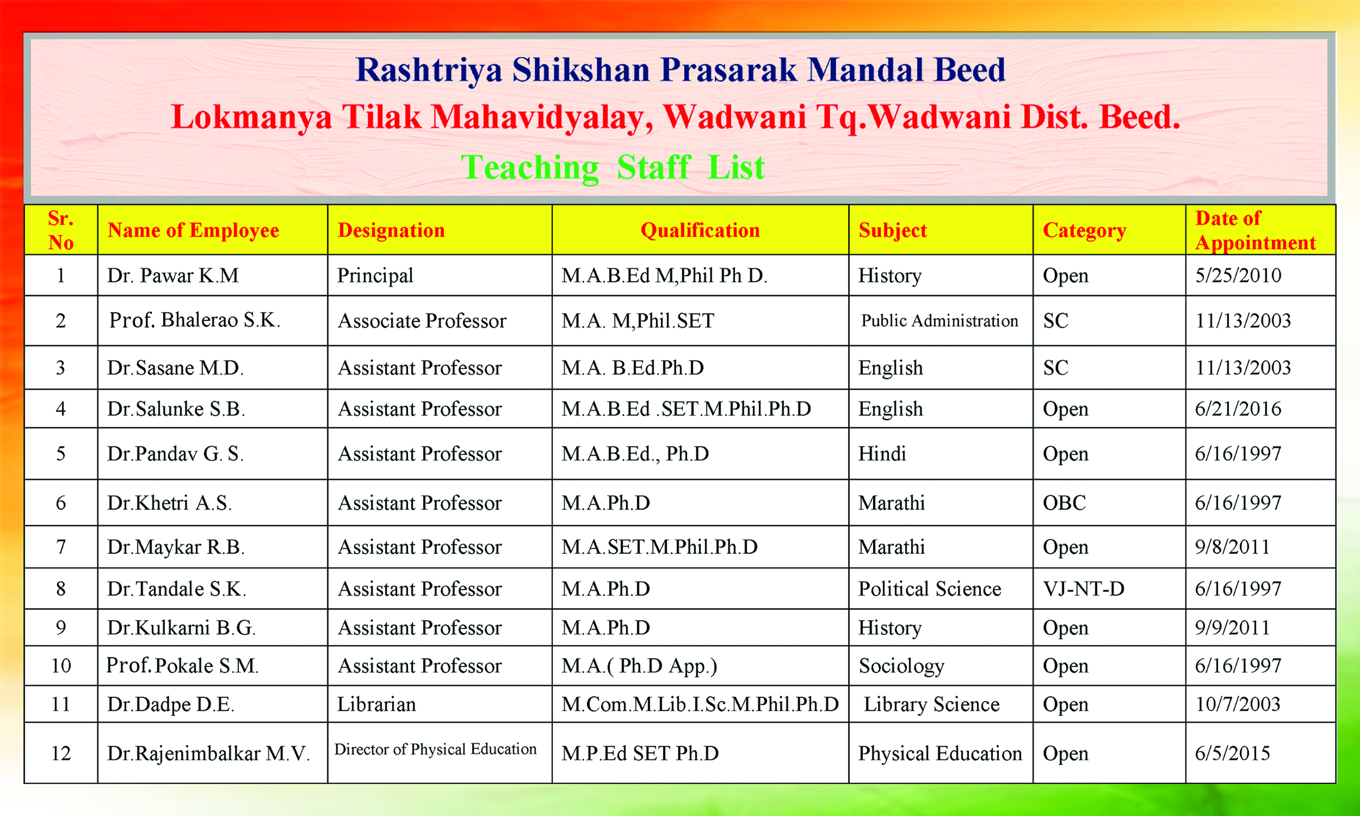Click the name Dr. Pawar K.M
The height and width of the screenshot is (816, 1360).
[172, 275]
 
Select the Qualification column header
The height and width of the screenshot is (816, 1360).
[700, 231]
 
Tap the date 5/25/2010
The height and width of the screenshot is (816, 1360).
[1238, 275]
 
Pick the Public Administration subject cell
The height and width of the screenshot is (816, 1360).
[939, 320]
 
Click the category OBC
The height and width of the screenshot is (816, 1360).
[1064, 503]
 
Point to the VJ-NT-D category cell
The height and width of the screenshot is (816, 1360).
[1084, 589]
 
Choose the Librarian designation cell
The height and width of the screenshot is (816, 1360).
[376, 704]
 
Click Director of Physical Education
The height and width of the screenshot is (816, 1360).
[435, 749]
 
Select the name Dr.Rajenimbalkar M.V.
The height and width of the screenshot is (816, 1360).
[208, 753]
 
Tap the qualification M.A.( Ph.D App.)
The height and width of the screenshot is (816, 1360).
[639, 666]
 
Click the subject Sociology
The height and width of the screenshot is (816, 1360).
[901, 666]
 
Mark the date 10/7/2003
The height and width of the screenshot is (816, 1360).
[1238, 704]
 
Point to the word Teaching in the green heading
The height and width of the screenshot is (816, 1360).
[530, 168]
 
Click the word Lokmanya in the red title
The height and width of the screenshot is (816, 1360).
[251, 118]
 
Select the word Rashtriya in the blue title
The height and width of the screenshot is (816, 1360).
[429, 71]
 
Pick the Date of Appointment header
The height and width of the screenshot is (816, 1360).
[1256, 231]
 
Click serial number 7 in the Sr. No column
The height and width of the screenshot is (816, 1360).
[60, 547]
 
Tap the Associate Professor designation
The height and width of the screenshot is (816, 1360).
[422, 321]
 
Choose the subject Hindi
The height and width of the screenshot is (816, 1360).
[882, 454]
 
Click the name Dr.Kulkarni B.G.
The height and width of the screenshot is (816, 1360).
[181, 628]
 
